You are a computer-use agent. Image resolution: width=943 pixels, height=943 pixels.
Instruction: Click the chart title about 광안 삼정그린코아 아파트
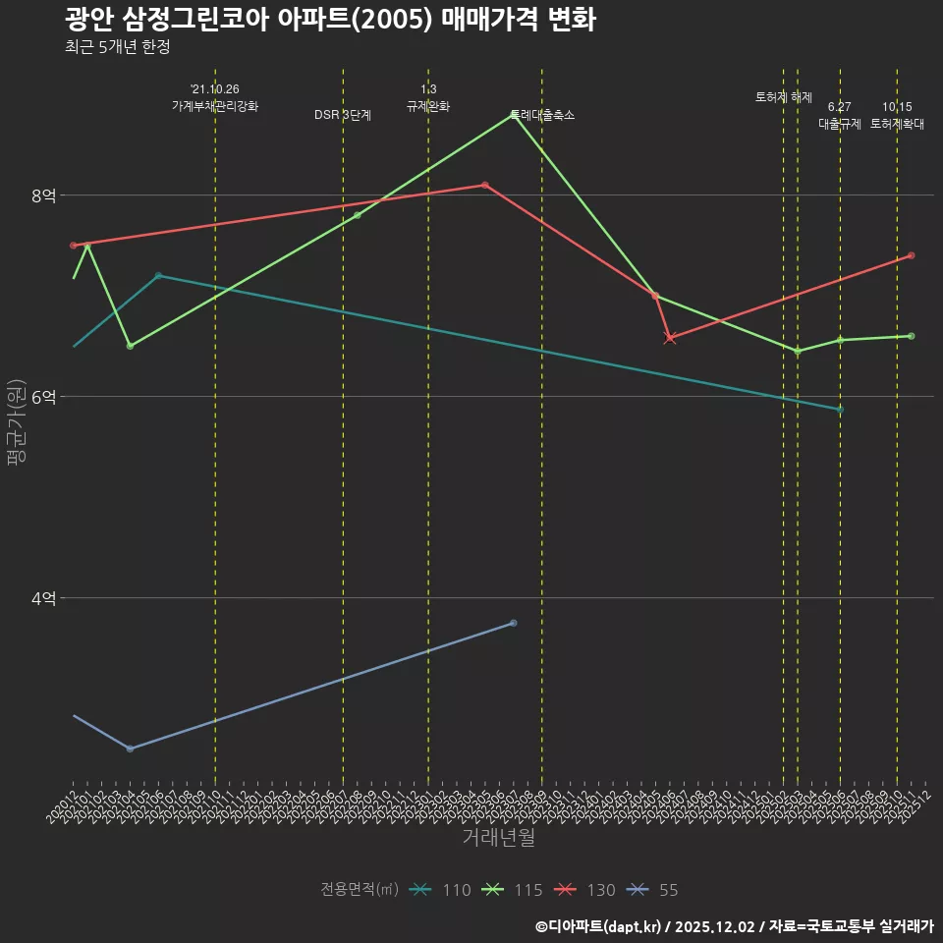point(330,20)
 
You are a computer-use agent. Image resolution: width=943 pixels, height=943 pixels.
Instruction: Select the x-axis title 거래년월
point(498,838)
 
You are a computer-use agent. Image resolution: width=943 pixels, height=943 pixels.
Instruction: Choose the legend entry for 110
point(442,890)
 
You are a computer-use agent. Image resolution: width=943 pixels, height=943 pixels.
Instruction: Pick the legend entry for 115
point(514,890)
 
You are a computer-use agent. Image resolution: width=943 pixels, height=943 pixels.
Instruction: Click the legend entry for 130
point(586,890)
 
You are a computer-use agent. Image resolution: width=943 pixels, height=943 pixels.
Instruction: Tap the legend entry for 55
point(653,890)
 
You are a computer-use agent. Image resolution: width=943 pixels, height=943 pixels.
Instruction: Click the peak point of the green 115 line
point(513,115)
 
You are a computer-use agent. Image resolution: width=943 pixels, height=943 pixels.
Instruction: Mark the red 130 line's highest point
point(485,185)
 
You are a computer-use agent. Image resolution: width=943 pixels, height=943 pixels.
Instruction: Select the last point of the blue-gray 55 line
point(514,623)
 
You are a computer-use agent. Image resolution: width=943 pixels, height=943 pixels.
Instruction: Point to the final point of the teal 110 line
point(840,410)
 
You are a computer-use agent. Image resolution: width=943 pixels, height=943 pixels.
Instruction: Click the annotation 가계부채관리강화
point(215,106)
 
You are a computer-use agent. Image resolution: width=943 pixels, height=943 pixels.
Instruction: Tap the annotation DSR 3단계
point(343,115)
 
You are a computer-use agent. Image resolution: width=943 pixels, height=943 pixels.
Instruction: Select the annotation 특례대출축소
point(542,115)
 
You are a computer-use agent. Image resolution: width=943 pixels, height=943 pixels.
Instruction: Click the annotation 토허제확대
point(897,124)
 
